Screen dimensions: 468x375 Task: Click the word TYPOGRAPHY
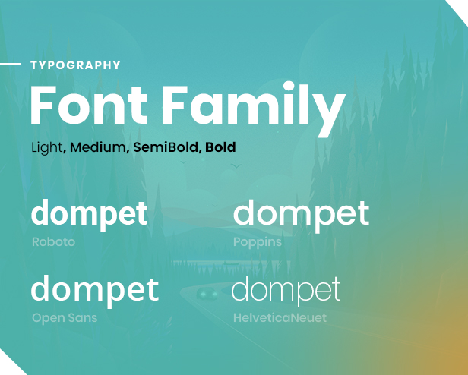click(x=75, y=65)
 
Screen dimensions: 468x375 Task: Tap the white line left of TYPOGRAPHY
click(x=11, y=64)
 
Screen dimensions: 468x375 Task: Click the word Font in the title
click(x=89, y=105)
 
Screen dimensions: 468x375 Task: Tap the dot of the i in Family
click(x=289, y=87)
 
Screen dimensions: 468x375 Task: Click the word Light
click(x=47, y=147)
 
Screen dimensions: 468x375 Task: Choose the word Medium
click(x=97, y=147)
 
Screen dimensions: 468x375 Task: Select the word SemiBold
click(x=166, y=147)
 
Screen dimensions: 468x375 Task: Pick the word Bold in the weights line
click(x=220, y=147)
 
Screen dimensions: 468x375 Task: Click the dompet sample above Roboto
click(x=89, y=214)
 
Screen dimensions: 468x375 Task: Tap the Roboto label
click(x=53, y=241)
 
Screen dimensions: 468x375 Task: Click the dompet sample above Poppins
click(x=301, y=216)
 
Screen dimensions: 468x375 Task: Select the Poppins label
click(x=258, y=242)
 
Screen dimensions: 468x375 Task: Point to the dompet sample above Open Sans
click(x=95, y=291)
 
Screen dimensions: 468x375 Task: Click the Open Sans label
click(x=65, y=318)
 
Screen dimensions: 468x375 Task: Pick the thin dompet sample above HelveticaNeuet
click(x=286, y=290)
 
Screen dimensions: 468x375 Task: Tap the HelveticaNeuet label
click(x=280, y=318)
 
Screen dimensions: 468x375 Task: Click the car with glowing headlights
click(x=207, y=293)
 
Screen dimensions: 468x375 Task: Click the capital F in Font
click(x=43, y=105)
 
